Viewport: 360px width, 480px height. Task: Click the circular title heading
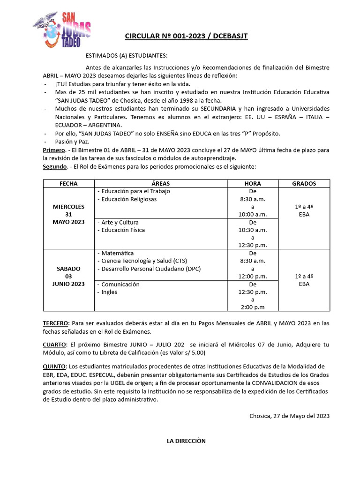click(186, 36)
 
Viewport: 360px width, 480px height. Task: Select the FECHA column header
click(68, 184)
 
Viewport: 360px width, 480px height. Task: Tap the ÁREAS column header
click(161, 184)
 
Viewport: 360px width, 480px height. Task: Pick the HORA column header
click(253, 184)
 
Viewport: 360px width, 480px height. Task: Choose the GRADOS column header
click(304, 184)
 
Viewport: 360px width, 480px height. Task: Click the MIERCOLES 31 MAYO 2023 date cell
click(68, 214)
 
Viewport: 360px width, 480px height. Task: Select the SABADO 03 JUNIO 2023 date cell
click(68, 276)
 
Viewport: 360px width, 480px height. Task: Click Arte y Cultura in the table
click(120, 222)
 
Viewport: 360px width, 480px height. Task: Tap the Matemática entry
click(117, 253)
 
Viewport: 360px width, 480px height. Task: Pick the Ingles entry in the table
click(109, 292)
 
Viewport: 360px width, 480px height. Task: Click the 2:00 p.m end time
click(253, 307)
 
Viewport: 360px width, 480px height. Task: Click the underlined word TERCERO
click(56, 323)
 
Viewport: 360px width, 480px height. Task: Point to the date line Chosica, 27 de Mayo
click(289, 416)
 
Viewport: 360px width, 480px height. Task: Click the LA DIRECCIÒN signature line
click(186, 441)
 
